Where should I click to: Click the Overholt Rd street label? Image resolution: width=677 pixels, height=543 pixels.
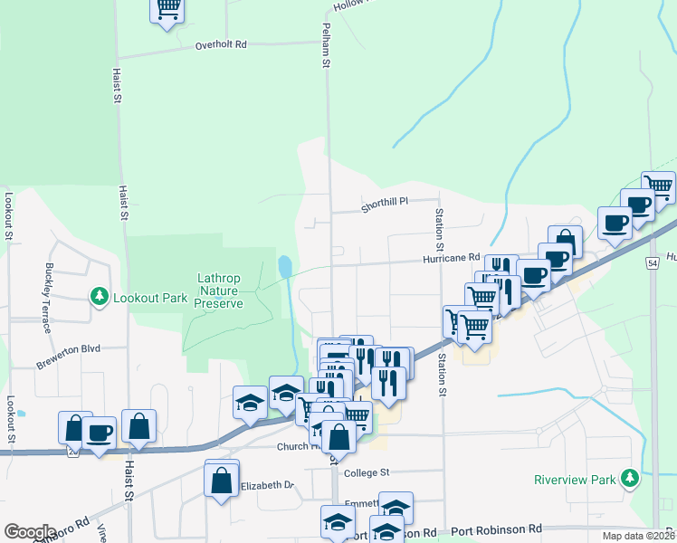click(x=221, y=43)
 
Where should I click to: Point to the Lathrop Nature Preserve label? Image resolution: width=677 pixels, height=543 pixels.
click(x=221, y=291)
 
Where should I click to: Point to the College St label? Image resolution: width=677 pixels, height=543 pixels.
click(x=366, y=472)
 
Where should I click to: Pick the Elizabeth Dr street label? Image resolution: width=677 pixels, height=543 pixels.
click(x=268, y=486)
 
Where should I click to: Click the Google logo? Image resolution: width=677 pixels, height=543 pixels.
click(x=30, y=532)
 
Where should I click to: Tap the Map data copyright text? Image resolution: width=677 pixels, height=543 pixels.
click(x=638, y=536)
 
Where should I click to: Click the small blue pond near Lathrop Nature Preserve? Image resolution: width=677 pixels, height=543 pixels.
click(x=285, y=266)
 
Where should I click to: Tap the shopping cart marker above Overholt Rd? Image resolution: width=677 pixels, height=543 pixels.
click(x=167, y=9)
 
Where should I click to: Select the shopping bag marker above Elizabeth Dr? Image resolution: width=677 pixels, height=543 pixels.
click(x=222, y=480)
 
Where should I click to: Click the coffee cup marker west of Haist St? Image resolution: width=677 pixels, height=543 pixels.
click(x=100, y=433)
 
